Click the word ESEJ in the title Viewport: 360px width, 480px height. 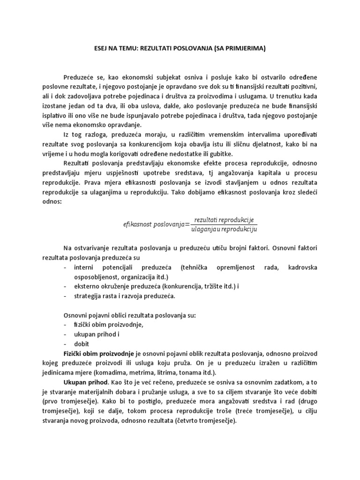click(x=97, y=49)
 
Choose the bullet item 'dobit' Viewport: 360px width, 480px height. click(x=82, y=344)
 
